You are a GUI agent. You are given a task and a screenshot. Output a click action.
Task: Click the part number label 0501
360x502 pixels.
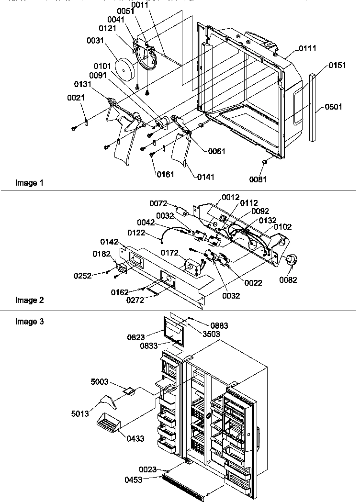[334, 107]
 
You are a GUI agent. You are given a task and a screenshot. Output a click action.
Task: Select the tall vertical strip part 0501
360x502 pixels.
[313, 107]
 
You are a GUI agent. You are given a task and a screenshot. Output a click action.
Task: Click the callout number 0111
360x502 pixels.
[307, 49]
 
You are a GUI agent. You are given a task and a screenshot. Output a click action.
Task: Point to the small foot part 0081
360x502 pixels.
[263, 164]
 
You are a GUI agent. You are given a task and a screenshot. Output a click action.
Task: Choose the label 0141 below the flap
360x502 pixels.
[206, 177]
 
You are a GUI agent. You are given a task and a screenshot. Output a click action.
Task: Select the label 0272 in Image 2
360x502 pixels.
[136, 300]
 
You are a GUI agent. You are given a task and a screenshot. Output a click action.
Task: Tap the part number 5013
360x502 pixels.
[80, 413]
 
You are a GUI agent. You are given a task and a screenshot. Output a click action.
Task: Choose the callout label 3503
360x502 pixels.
[211, 334]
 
